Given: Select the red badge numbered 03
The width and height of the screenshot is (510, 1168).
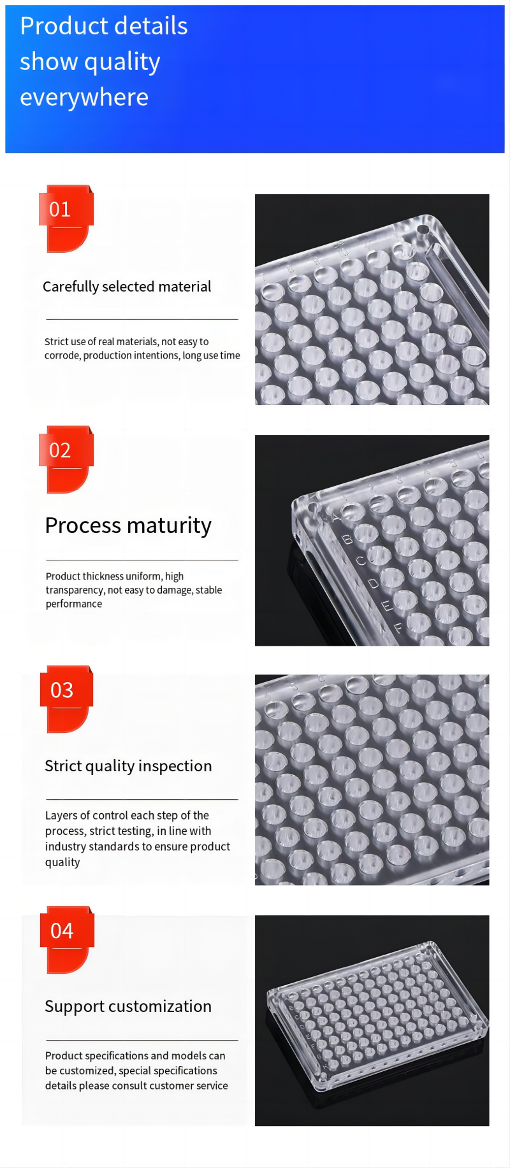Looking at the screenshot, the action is tap(66, 699).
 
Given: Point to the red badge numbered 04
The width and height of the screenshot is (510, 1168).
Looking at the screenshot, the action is tap(66, 940).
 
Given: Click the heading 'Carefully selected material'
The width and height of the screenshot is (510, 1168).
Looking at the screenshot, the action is tap(127, 287).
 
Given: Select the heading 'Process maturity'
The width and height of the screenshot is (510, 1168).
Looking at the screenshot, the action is tap(128, 526).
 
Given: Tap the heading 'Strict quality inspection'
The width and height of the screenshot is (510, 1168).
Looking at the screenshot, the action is tap(128, 766).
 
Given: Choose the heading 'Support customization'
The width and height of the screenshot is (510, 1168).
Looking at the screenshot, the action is tap(128, 1006).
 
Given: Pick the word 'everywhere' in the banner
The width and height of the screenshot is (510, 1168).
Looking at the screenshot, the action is tap(84, 97).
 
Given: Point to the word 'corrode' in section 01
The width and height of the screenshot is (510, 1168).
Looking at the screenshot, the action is tap(62, 356).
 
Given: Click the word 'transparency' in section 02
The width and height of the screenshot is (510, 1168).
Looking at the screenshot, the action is tap(75, 590).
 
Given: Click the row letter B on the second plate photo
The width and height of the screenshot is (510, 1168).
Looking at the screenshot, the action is tap(347, 539).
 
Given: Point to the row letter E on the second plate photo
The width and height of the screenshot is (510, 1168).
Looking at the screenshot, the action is tap(385, 606).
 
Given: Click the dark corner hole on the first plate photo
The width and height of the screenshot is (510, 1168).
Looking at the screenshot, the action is tap(422, 229).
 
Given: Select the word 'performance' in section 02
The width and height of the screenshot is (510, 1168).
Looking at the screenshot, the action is tap(74, 604).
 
